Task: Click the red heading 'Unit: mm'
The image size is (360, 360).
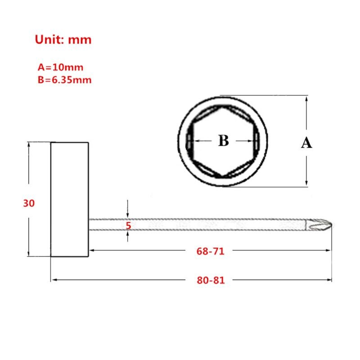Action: click(63, 40)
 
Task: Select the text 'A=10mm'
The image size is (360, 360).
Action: click(60, 67)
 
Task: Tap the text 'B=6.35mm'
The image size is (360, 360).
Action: click(65, 80)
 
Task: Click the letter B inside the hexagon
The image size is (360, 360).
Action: click(224, 141)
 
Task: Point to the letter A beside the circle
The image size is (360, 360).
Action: click(306, 143)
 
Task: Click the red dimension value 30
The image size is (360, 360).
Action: click(29, 203)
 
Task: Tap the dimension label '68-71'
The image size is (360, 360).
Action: click(210, 252)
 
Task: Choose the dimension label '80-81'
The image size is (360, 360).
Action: click(210, 280)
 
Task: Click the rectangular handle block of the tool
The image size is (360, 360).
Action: click(69, 199)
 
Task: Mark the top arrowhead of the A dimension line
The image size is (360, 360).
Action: click(306, 98)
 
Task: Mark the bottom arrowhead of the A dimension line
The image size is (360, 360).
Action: click(306, 183)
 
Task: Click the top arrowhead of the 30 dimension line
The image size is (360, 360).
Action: click(29, 145)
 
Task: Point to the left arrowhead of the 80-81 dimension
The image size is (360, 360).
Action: click(54, 280)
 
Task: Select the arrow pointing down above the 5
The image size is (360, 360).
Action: click(128, 215)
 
